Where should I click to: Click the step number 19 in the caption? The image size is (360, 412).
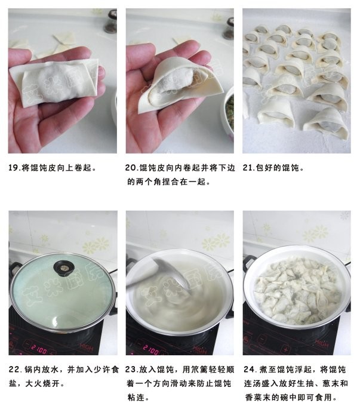click(14, 168)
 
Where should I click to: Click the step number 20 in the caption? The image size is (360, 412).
click(132, 168)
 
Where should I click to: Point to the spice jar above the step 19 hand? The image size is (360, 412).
click(110, 21)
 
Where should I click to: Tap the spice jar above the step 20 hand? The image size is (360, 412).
click(228, 27)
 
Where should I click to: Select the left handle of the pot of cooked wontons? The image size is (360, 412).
click(249, 263)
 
